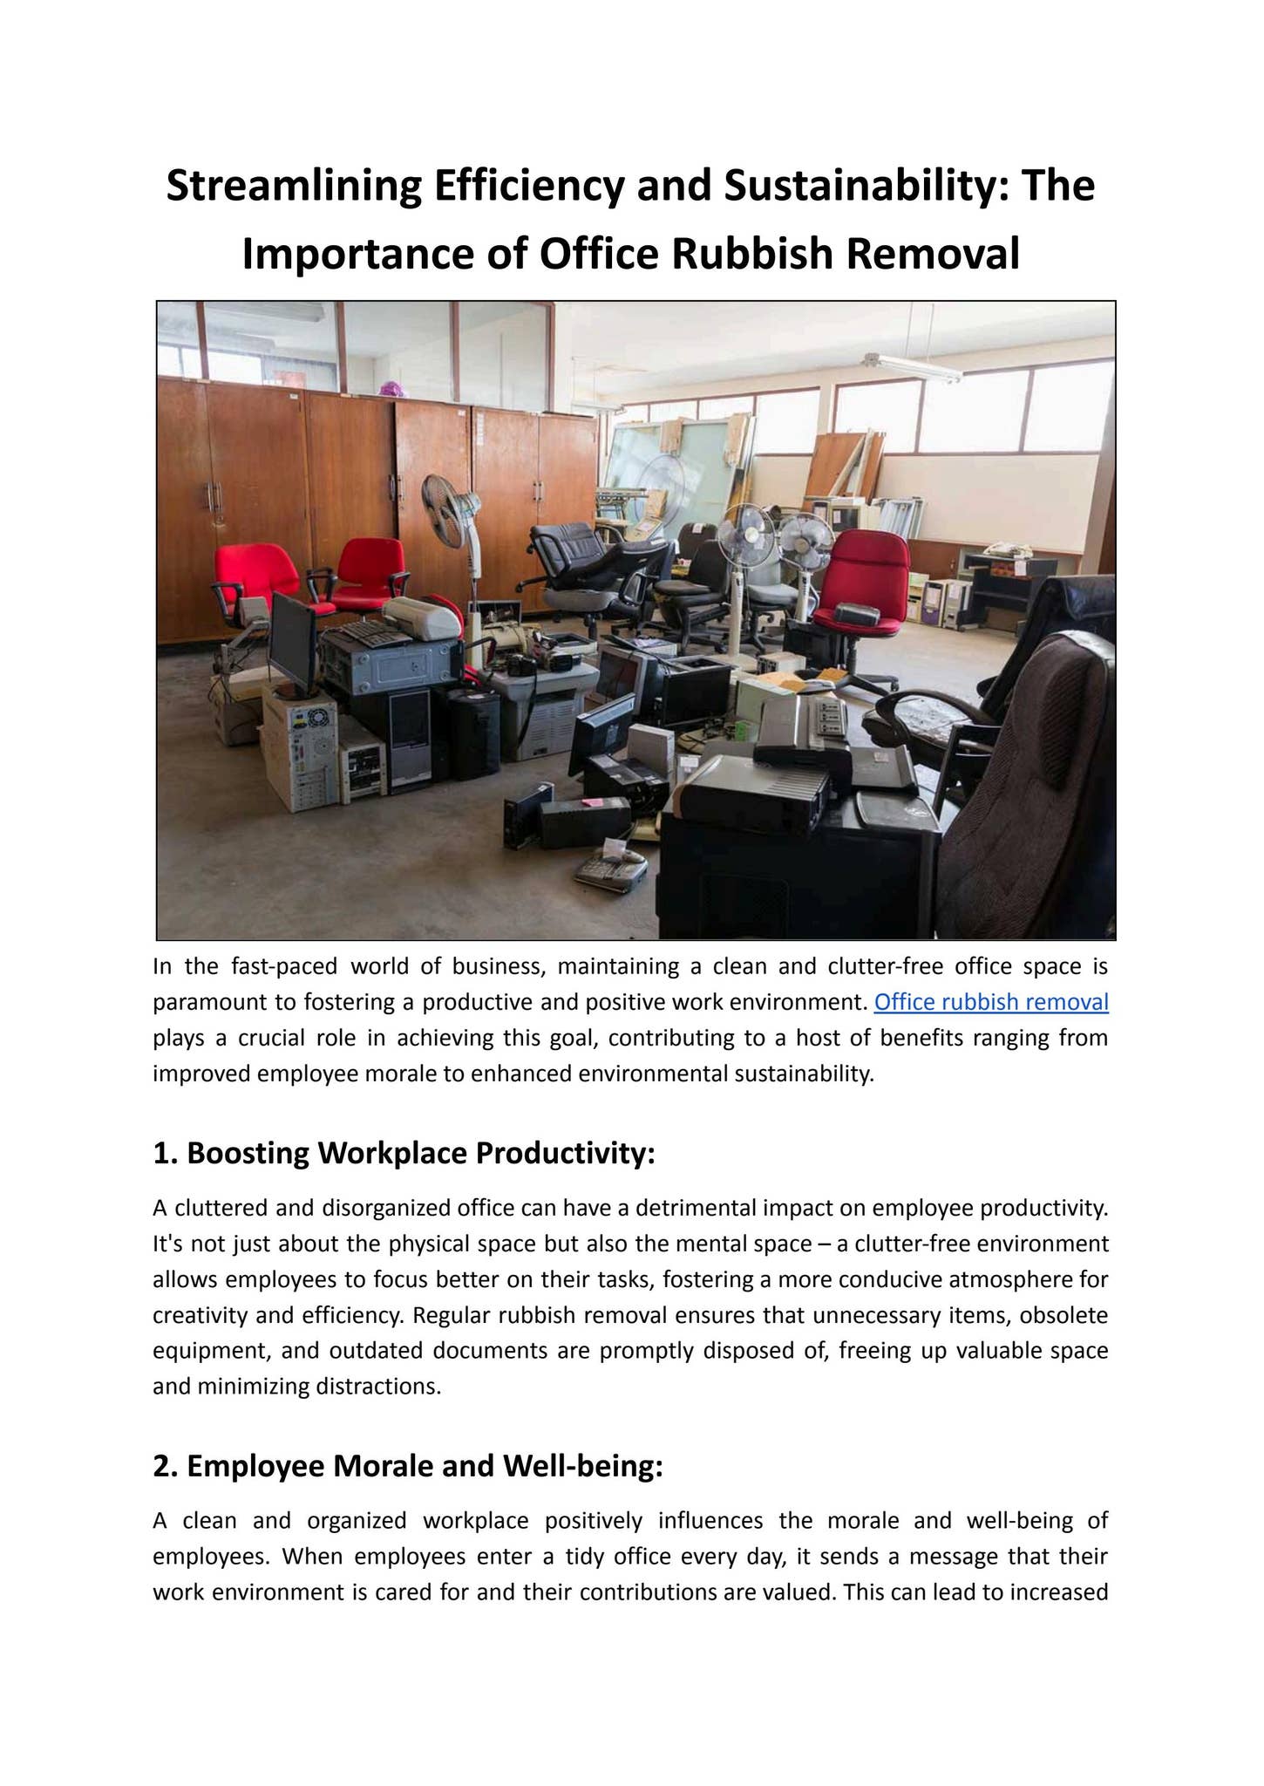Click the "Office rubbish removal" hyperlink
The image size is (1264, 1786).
point(990,1002)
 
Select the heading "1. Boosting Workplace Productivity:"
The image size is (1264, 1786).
point(403,1153)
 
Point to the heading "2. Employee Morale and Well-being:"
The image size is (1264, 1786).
point(407,1466)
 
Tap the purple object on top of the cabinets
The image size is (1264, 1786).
point(390,389)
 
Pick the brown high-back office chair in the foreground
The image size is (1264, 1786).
point(1029,785)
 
